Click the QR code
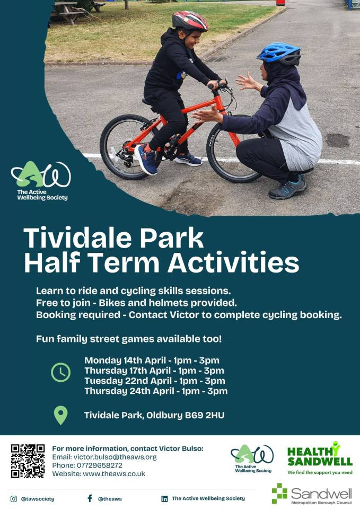[28, 461]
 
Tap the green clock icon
[60, 372]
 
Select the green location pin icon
[60, 415]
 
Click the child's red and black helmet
[190, 21]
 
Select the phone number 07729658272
[100, 466]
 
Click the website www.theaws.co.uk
[114, 473]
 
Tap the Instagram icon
[14, 498]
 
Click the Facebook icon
[90, 498]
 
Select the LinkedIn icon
[164, 498]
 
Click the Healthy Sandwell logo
[320, 458]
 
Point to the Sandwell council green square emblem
[279, 493]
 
